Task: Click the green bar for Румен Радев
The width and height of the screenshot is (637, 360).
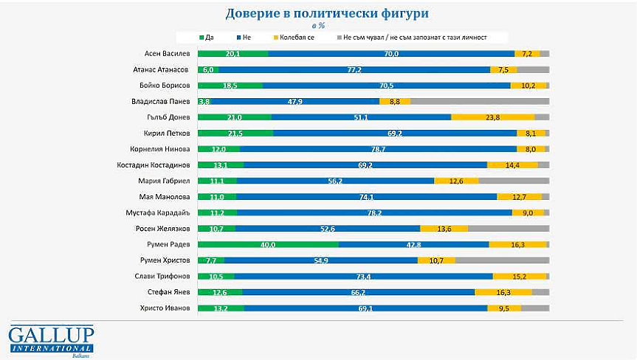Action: (268, 243)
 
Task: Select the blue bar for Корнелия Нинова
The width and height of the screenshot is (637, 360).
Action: (378, 148)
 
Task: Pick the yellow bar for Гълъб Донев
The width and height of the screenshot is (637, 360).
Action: (492, 117)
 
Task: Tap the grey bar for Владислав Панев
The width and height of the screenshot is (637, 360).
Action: (479, 101)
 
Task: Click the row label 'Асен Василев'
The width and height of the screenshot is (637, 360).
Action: (168, 53)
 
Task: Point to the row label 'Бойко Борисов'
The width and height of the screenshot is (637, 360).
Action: (167, 85)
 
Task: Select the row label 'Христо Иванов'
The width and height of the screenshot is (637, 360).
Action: (167, 308)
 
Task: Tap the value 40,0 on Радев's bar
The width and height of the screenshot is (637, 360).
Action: (268, 244)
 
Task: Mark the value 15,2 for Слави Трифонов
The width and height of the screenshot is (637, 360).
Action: (520, 276)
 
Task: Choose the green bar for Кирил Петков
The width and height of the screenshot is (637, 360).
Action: (235, 133)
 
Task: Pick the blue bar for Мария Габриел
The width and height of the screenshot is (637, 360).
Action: (335, 181)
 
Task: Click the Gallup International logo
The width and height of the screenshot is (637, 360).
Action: (52, 339)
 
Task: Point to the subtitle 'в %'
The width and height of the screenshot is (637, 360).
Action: (319, 25)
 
